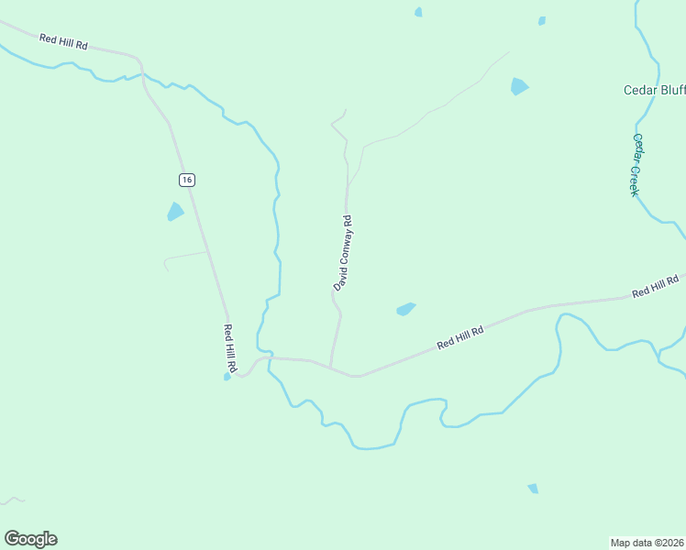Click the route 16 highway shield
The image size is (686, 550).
[187, 180]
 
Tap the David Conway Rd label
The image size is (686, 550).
[343, 253]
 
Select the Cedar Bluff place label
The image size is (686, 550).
[654, 90]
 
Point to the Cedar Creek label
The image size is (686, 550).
[634, 164]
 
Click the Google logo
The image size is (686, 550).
[30, 539]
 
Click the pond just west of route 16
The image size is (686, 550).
[175, 212]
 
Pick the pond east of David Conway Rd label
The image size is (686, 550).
[405, 310]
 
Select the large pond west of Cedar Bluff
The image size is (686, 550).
[519, 87]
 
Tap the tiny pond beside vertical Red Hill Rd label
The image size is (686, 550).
[227, 376]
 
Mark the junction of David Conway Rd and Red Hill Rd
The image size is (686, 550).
[330, 366]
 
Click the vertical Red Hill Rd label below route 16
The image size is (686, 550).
[231, 347]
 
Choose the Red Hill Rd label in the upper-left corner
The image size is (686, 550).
[63, 42]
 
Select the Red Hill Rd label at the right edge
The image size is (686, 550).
[654, 286]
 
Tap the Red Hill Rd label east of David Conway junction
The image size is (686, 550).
[459, 336]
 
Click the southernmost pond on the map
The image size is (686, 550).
[533, 489]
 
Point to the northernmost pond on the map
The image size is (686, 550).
[418, 12]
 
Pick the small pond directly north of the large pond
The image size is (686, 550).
[542, 20]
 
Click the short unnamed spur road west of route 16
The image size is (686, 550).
[183, 256]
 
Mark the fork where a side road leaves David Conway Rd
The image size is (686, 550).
[348, 186]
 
